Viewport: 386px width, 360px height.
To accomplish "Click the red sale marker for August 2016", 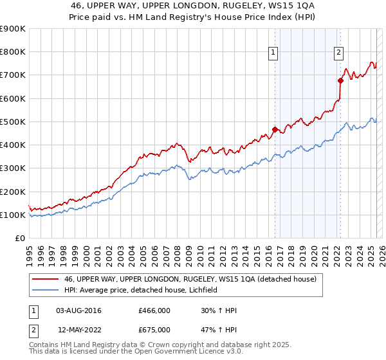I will click(275, 129).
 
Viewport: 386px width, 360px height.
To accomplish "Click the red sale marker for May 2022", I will click(340, 80).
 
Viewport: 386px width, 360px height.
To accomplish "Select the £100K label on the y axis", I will click(13, 215).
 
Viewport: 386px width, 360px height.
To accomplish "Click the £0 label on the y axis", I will click(19, 239).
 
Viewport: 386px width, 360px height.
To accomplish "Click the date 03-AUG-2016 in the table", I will click(78, 311).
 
